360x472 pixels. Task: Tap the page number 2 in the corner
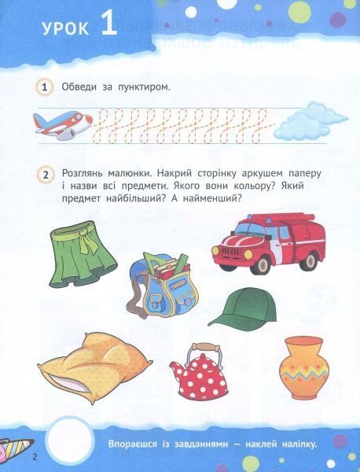click(12, 457)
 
